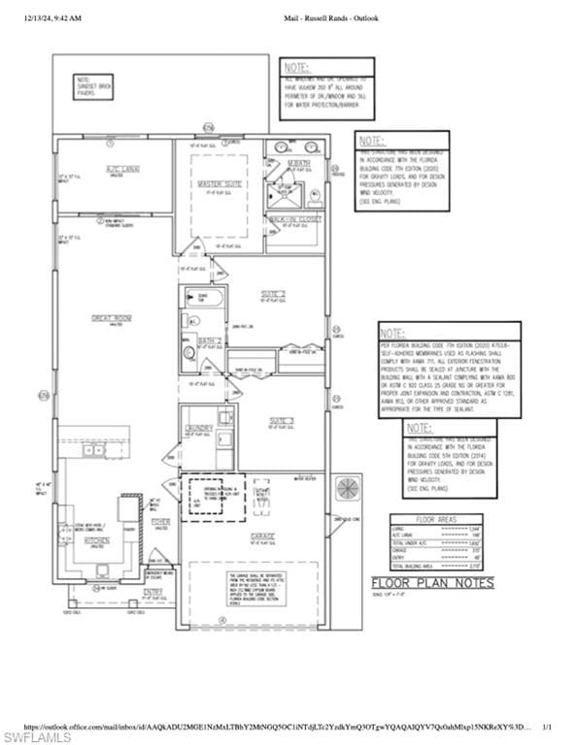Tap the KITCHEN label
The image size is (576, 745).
[x=95, y=540]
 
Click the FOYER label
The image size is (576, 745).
[x=160, y=522]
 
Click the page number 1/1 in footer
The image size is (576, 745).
[x=547, y=726]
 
